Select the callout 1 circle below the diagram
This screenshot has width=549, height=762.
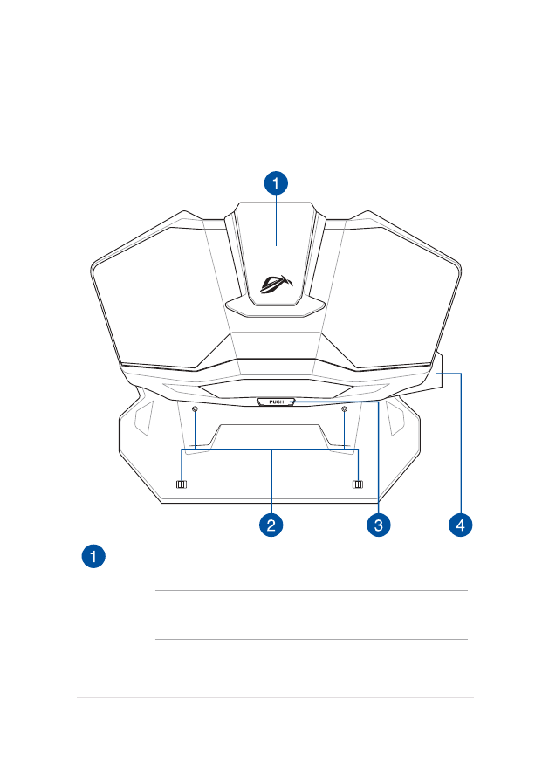point(93,555)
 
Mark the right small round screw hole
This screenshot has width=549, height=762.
point(346,408)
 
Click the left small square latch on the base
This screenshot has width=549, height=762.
point(182,484)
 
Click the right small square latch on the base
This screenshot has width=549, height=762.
point(357,484)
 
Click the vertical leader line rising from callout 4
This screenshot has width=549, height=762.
point(461,445)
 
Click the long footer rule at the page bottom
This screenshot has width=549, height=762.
point(274,697)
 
